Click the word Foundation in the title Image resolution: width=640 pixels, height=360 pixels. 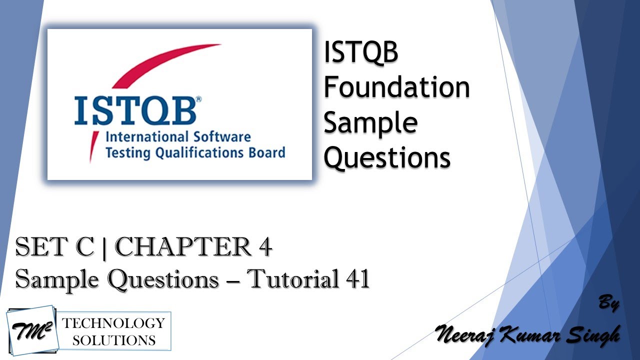click(x=396, y=88)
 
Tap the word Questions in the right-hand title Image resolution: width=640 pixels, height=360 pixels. click(x=387, y=157)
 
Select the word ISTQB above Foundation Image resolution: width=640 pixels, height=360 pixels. click(x=360, y=53)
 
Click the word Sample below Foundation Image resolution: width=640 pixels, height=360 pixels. click(x=370, y=122)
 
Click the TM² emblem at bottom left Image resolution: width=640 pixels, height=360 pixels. click(x=31, y=330)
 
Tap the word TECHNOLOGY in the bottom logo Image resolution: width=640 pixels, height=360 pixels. click(x=113, y=322)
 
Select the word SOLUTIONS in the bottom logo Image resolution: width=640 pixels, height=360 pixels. click(x=113, y=340)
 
